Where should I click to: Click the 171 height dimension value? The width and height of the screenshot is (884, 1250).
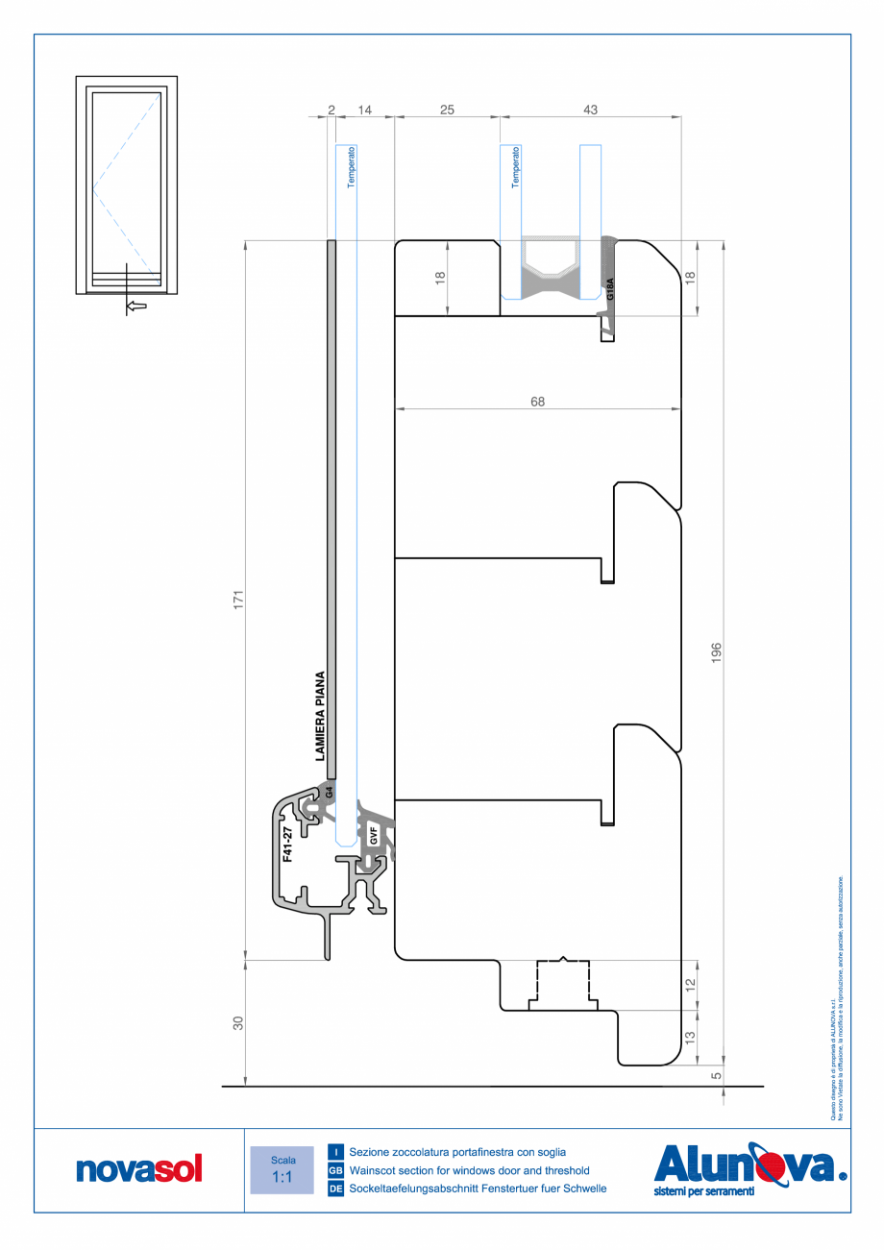(241, 598)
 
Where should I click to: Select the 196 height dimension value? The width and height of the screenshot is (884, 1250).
(717, 653)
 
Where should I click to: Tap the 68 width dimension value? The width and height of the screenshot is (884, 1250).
(537, 403)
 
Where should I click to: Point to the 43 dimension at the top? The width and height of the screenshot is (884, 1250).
(590, 110)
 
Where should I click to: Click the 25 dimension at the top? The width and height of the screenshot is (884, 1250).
(447, 110)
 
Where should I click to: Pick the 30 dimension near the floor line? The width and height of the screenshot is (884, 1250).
(239, 1023)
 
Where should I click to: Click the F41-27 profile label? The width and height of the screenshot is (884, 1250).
(286, 843)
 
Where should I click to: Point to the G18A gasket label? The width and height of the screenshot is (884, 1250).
(609, 291)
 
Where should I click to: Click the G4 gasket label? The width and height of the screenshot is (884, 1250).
(328, 794)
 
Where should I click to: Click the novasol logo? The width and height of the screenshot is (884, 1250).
(139, 1169)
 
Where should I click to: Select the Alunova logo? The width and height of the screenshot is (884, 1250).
(749, 1167)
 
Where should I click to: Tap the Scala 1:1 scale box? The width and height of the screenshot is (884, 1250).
(282, 1169)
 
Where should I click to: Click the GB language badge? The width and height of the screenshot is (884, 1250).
(335, 1171)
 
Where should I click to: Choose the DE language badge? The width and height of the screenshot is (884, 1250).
(335, 1189)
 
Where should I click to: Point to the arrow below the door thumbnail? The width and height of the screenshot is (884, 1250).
(136, 306)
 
